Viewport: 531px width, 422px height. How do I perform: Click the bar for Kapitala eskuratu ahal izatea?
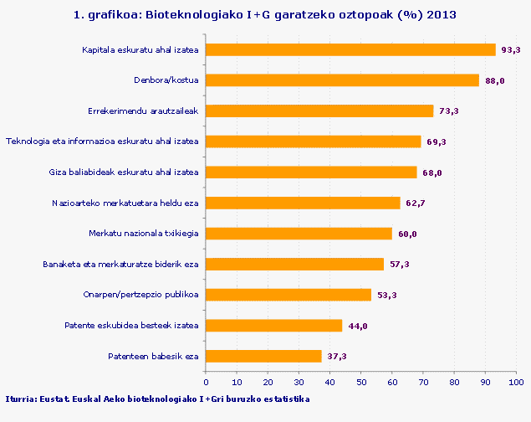350,50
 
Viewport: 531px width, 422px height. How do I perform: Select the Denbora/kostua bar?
342,80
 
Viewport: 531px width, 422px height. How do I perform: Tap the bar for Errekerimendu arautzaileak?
319,111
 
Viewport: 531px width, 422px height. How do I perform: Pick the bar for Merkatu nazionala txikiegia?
299,234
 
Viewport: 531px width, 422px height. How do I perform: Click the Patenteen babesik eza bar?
263,356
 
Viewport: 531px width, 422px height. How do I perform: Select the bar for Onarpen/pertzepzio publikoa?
288,295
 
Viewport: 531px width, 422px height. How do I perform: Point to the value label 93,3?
510,50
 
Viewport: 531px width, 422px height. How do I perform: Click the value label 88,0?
494,81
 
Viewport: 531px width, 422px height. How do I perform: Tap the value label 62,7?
415,203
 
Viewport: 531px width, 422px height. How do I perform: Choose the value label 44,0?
357,326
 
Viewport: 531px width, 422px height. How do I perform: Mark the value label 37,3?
336,357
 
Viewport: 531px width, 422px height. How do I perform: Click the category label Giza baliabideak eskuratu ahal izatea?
124,172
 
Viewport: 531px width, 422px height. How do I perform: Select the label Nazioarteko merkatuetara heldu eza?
125,203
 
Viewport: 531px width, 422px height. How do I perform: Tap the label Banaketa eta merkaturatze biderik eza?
120,265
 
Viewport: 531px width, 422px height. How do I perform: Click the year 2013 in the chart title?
441,15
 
